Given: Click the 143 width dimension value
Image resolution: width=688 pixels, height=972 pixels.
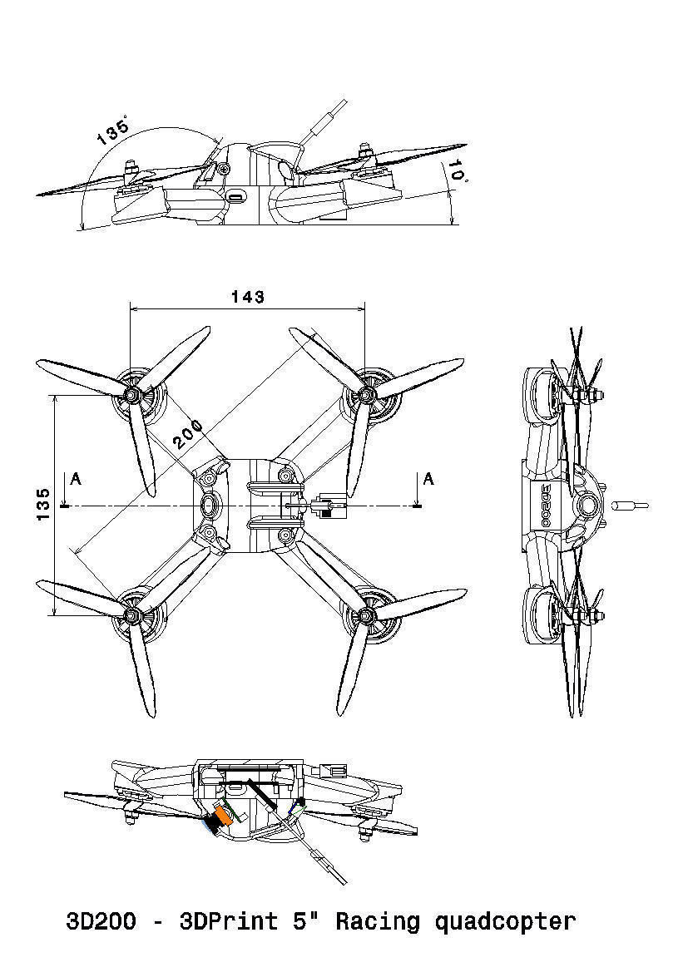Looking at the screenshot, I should point(248,297).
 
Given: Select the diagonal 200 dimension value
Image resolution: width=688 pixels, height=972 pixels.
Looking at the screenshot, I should point(189,433).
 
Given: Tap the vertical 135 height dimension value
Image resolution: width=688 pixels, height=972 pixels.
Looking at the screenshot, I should point(43,505).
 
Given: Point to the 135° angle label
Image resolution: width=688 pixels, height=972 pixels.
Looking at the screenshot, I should point(112,132).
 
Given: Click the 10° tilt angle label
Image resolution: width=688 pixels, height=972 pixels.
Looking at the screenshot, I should point(457,170).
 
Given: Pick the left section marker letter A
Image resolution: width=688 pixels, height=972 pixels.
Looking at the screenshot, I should point(77,479).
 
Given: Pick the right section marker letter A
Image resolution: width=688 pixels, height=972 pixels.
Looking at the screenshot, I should point(428,479).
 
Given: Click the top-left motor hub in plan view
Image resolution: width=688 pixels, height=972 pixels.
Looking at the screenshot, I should point(131,395).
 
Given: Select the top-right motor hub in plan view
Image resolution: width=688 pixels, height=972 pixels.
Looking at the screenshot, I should point(364,395).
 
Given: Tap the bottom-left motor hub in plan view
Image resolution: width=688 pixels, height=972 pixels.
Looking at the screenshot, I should point(131,615).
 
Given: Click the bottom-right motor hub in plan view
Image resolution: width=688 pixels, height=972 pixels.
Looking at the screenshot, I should point(364,615).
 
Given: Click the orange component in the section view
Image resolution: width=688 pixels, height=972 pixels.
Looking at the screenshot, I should point(222,816).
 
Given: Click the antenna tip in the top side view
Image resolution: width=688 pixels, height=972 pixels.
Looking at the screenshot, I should point(342,106).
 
